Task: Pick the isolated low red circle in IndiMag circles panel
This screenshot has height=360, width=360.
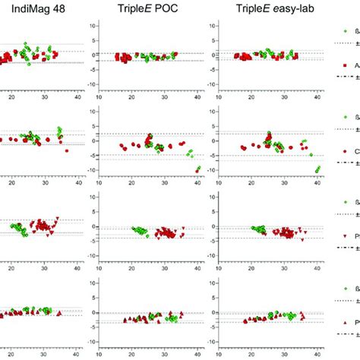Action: (x=67, y=150)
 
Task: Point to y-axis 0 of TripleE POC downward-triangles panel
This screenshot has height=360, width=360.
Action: (x=94, y=226)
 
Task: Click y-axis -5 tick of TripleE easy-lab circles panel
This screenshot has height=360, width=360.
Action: (x=202, y=156)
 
